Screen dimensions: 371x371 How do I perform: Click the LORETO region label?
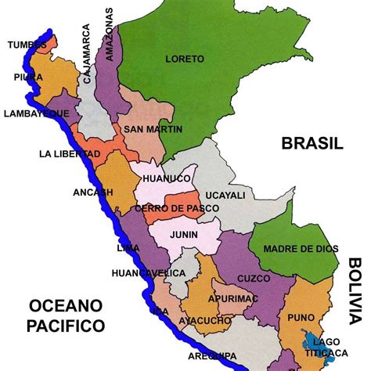coord(185,59)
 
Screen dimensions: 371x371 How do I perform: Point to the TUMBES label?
coord(26,45)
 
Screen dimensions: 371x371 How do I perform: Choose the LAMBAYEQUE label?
coord(35,113)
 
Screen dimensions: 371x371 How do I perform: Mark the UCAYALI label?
coord(225,195)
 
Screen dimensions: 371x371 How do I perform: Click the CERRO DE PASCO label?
coord(171,208)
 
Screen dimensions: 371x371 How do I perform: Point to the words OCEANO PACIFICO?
coord(64,313)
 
